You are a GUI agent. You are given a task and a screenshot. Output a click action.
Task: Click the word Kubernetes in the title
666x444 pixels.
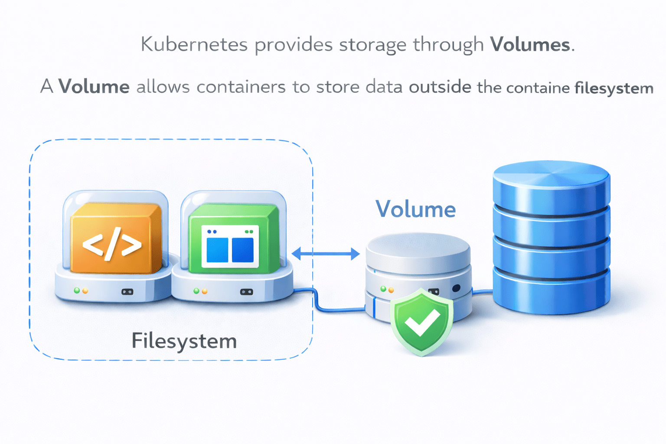(194, 45)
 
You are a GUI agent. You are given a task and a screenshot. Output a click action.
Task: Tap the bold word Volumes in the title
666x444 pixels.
(530, 45)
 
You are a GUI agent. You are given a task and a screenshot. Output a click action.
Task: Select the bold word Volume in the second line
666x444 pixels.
(94, 87)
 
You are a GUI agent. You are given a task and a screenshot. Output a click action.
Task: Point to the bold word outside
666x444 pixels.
(440, 87)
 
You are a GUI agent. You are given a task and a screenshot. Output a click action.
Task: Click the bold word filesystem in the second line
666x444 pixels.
(614, 88)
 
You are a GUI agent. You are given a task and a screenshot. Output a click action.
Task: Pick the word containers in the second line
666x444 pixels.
(241, 87)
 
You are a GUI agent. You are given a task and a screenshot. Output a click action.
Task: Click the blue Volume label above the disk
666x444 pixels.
(415, 209)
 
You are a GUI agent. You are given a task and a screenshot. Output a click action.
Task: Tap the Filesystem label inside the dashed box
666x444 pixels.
(184, 341)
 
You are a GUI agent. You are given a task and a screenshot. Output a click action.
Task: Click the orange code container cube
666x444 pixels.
(115, 238)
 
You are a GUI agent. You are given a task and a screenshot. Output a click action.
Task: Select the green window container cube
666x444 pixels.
(233, 238)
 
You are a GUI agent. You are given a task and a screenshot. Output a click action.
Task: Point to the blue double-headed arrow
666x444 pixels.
(326, 254)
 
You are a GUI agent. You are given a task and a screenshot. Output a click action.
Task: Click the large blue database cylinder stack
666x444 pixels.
(551, 238)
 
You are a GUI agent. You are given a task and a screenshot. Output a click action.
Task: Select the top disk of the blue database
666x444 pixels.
(551, 182)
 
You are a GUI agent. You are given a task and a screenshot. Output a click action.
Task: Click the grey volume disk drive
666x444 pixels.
(418, 269)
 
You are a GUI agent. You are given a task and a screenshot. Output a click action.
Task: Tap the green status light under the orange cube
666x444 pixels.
(77, 291)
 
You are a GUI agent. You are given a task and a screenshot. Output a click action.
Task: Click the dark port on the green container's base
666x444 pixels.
(246, 292)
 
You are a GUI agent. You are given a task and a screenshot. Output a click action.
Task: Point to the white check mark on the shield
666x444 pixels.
(421, 323)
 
